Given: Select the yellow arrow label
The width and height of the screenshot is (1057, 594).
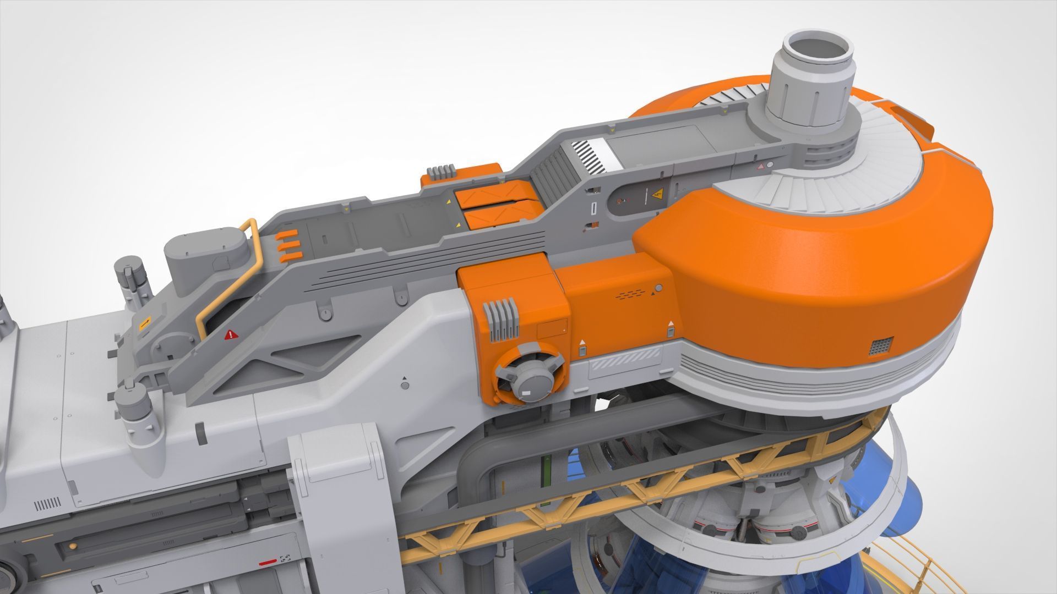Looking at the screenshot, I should pos(145,323).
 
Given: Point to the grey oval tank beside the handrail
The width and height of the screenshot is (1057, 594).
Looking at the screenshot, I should pos(205,254).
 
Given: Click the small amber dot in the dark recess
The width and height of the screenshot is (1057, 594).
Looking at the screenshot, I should pos(72,546).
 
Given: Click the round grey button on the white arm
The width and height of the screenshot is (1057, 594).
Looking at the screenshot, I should pos(405,386).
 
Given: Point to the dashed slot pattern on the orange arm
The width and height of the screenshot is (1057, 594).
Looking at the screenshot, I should pos(629,295).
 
